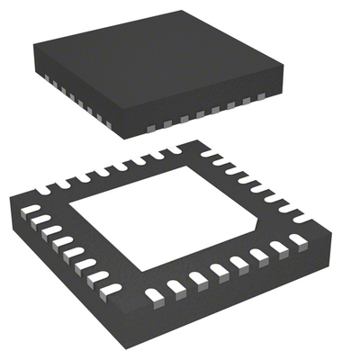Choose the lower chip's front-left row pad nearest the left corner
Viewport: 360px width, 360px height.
pyautogui.click(x=31, y=210)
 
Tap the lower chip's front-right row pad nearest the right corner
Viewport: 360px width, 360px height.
pyautogui.click(x=299, y=240)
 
